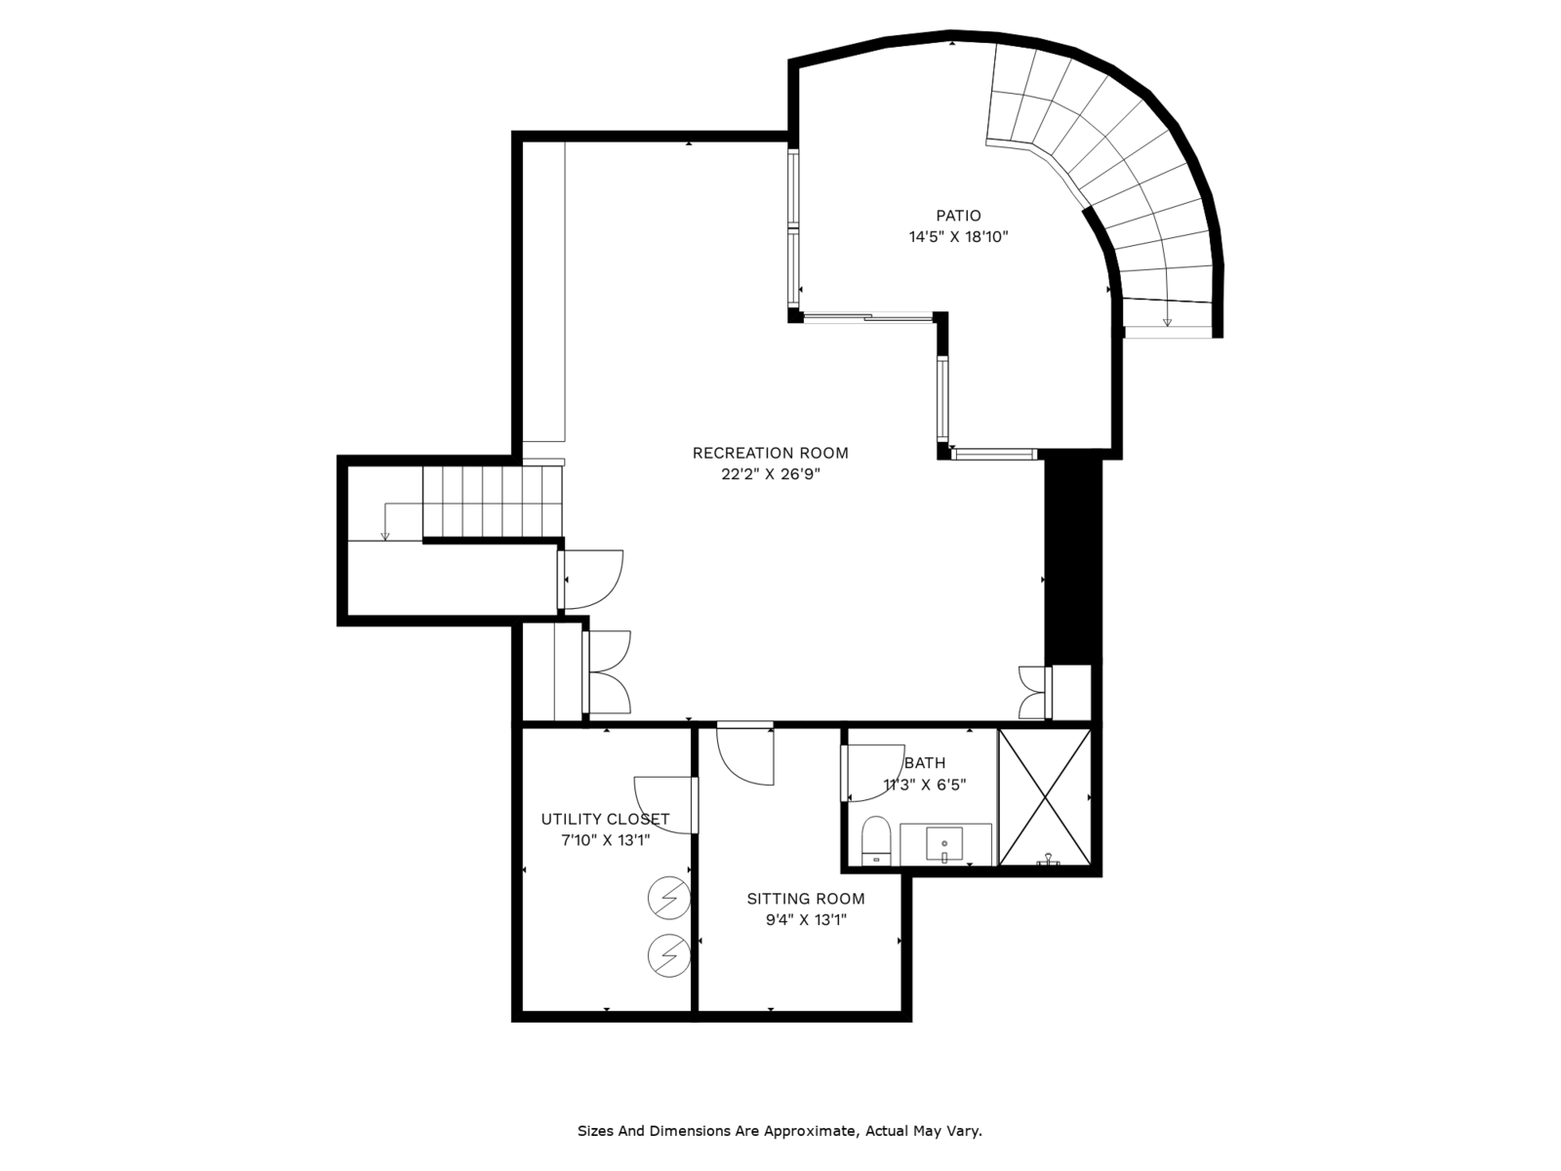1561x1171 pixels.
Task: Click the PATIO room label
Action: pos(958,216)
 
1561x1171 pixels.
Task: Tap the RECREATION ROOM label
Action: pos(770,453)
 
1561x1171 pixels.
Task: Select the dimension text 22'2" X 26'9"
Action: pos(771,474)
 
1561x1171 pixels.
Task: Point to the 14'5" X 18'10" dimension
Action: pos(959,237)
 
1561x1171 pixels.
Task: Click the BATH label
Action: pos(925,763)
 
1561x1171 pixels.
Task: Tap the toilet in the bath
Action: pos(875,840)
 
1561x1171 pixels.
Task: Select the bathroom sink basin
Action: pos(943,844)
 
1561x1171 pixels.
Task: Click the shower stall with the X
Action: pos(1045,797)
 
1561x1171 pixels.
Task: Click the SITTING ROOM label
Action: pos(806,899)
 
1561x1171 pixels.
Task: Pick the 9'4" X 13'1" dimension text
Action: pos(806,920)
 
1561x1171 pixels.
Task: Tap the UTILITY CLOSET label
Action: pos(605,819)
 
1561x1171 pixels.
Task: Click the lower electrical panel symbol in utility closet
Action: pos(668,955)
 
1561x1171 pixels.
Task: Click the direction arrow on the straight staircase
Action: pos(385,522)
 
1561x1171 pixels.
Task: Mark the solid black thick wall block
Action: pos(1072,562)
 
